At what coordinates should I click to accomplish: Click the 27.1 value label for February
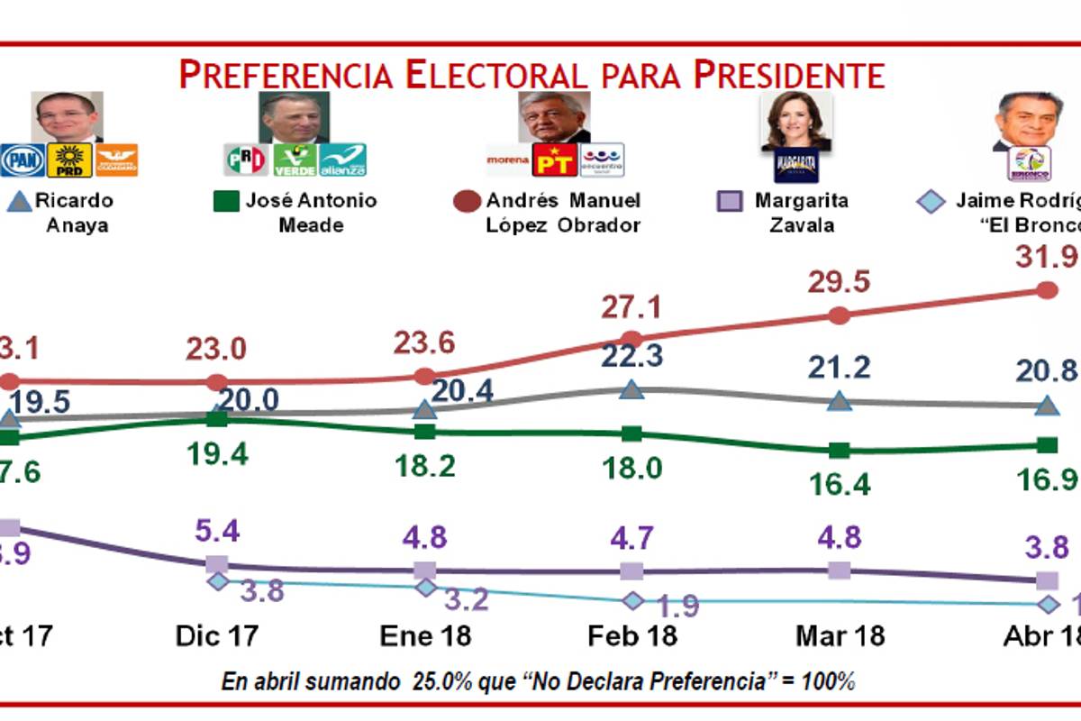[631, 308]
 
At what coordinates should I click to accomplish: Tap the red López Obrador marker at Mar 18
[839, 315]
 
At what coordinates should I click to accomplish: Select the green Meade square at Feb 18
[631, 434]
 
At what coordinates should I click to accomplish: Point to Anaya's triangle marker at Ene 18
[424, 409]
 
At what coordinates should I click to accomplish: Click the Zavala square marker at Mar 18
[839, 570]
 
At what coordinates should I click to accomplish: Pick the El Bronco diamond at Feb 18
[632, 600]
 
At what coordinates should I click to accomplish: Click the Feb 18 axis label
[631, 635]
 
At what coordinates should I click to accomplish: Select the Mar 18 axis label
[840, 635]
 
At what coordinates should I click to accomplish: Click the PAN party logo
[22, 160]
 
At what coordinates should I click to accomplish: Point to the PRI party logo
[245, 160]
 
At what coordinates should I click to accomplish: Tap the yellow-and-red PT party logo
[554, 160]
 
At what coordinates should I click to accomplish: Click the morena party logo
[508, 160]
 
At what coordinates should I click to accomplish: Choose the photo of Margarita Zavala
[796, 119]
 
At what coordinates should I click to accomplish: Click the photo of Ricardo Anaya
[68, 116]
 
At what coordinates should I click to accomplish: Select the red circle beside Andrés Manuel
[468, 202]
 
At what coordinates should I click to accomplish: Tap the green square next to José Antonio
[226, 201]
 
